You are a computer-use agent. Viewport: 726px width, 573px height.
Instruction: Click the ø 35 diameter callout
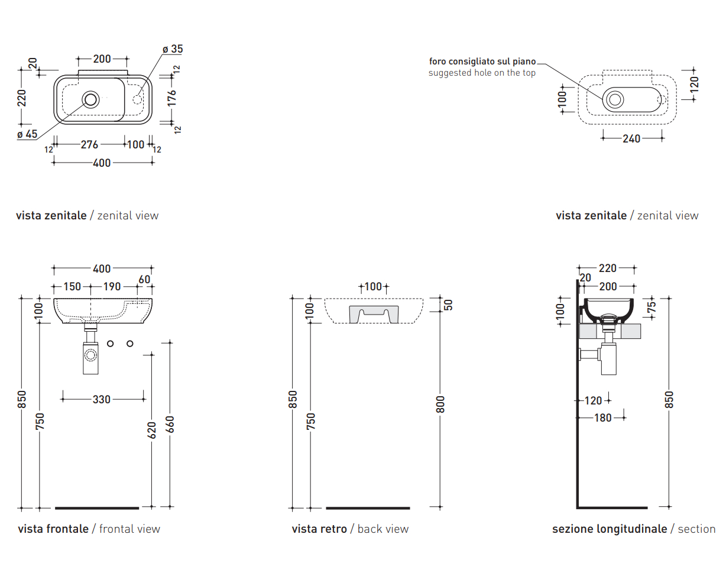pos(173,49)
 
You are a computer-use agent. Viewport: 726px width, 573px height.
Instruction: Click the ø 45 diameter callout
pos(27,134)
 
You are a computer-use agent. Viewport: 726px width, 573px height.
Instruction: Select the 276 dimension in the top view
pos(89,144)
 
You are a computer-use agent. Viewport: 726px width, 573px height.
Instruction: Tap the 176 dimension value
pos(171,98)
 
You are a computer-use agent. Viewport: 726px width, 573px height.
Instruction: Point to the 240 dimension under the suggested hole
pos(631,139)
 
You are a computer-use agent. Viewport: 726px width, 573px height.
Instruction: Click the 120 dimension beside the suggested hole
pos(694,83)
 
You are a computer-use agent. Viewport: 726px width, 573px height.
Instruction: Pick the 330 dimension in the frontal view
pos(102,399)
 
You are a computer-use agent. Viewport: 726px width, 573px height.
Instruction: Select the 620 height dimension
pos(152,430)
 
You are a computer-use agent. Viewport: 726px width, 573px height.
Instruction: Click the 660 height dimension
pos(170,425)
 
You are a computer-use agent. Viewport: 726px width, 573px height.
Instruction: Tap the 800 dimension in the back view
pos(440,404)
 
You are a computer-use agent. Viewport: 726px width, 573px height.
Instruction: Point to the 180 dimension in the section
pos(602,418)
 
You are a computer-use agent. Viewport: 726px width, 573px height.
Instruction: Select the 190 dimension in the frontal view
pos(112,287)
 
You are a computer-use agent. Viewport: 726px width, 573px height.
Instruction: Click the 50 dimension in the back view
pos(448,305)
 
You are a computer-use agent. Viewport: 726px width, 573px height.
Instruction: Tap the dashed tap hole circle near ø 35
pos(138,98)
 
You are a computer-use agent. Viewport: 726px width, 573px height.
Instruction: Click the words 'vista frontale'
pos(53,529)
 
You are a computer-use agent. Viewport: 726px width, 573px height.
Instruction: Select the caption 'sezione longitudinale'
pos(610,529)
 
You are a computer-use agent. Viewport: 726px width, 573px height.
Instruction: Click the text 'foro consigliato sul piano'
pos(482,61)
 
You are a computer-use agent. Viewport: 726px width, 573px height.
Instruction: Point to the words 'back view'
pos(383,529)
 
